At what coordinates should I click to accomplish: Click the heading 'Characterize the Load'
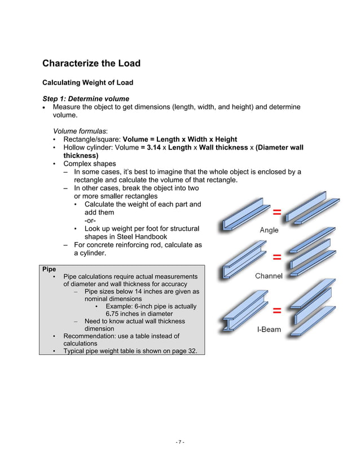(91, 63)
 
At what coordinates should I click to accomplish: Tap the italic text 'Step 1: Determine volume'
(86, 99)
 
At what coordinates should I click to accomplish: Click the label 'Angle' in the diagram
(269, 230)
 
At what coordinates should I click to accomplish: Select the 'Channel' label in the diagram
(269, 276)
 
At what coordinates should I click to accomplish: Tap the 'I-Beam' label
(269, 329)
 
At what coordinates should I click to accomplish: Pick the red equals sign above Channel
(278, 257)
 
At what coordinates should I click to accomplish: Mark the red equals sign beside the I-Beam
(278, 310)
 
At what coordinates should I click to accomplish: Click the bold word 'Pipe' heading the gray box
(49, 269)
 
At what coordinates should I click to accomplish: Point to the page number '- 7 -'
(179, 442)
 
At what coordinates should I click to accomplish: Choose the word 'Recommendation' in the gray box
(91, 336)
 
